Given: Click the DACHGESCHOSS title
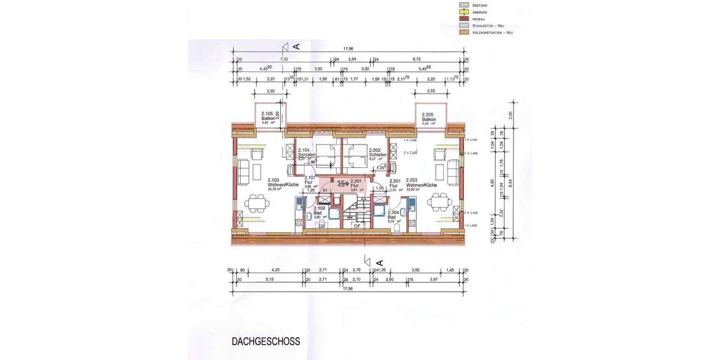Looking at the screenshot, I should (266, 341).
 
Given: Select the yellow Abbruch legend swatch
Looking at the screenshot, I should (463, 11).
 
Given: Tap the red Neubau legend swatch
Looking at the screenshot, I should (463, 19).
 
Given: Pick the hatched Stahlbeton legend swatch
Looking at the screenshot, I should (463, 25).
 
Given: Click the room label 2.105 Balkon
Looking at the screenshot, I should (269, 117).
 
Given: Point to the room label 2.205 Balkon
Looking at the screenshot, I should (428, 117).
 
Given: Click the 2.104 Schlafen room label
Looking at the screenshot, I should (307, 153).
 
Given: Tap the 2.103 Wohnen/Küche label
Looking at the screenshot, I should (274, 183).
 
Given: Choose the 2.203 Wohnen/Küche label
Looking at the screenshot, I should (421, 183).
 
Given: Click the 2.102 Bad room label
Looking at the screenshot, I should (320, 211).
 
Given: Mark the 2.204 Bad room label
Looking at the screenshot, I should (394, 215).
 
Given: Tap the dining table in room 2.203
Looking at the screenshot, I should (440, 203).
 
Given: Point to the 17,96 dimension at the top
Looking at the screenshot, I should (347, 49).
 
